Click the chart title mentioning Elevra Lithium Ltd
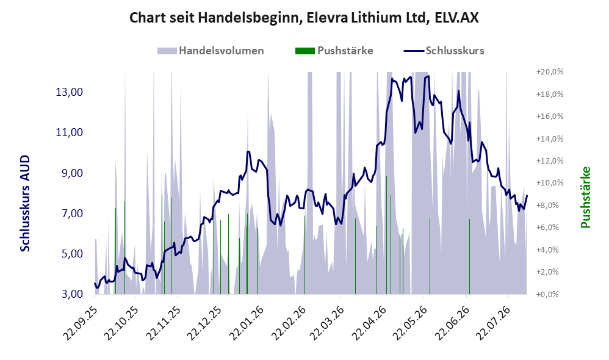(x=304, y=18)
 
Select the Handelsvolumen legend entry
(x=211, y=51)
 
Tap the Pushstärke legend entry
(x=334, y=51)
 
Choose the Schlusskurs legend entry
(x=444, y=51)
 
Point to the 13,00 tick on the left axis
(x=70, y=92)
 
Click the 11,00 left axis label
(x=70, y=132)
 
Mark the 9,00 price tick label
(x=72, y=173)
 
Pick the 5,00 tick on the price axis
(x=72, y=254)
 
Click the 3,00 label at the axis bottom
(x=72, y=294)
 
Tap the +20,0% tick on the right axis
(x=550, y=72)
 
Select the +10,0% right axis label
(x=550, y=183)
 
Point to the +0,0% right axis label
(x=547, y=294)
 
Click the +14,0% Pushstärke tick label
(x=550, y=139)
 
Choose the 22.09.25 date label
(x=79, y=323)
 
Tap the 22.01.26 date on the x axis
(x=247, y=323)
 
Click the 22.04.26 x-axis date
(x=369, y=323)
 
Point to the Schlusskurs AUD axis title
(x=25, y=203)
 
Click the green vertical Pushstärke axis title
(x=585, y=197)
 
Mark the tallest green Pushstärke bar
(x=386, y=235)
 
